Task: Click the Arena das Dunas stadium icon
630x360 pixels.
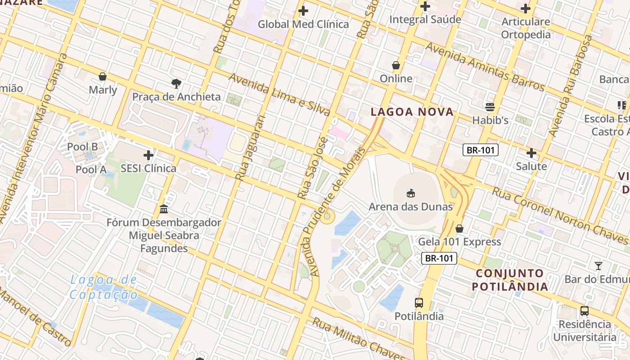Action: [x=410, y=193]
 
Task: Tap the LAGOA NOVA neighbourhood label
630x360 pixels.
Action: [x=412, y=112]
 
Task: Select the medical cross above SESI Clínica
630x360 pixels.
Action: [x=148, y=156]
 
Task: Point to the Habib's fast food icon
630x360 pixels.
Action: [x=490, y=107]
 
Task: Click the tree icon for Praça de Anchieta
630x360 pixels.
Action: [x=176, y=83]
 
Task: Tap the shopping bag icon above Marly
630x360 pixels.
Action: [x=103, y=76]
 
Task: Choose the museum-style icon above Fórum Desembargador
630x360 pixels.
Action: [x=164, y=209]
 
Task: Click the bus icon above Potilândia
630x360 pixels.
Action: [x=419, y=303]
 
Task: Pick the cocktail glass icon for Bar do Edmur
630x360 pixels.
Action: [x=598, y=266]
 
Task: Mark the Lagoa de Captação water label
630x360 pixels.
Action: [x=104, y=288]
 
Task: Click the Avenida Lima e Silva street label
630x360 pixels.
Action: [x=279, y=94]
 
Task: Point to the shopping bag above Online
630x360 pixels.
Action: [x=396, y=66]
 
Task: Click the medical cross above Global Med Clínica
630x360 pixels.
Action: [x=303, y=11]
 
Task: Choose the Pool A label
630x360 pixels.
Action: [x=91, y=170]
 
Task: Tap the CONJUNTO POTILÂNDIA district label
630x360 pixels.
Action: [x=510, y=280]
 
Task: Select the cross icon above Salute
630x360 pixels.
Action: [x=531, y=153]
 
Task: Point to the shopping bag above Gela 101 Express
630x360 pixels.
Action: [x=459, y=229]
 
